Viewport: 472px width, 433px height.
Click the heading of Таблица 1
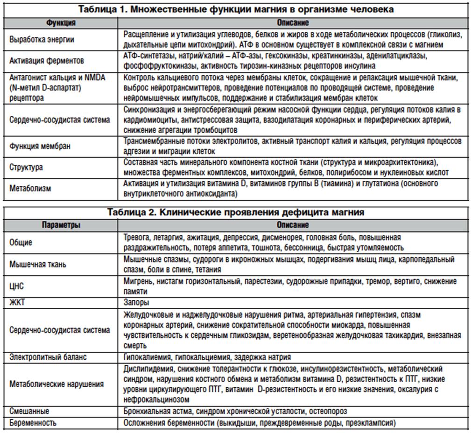(x=236, y=9)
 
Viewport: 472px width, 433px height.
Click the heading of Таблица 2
(x=236, y=212)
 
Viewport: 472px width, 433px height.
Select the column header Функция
(x=61, y=22)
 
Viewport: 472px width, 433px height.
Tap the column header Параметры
(x=61, y=225)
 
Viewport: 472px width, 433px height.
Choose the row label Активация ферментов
(x=47, y=61)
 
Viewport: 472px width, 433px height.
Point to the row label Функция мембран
(x=40, y=146)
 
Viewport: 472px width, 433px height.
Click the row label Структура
(x=26, y=167)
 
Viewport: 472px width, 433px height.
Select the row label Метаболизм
(x=30, y=188)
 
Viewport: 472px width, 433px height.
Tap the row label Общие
(x=21, y=243)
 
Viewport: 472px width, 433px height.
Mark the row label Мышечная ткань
(x=38, y=264)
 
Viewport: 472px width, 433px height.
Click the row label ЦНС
(x=17, y=285)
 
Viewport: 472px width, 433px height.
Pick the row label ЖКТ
(x=17, y=302)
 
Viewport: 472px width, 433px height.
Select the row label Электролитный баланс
(x=49, y=357)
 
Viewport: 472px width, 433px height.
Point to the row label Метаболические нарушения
(x=56, y=384)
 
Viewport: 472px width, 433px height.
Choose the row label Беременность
(x=33, y=423)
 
